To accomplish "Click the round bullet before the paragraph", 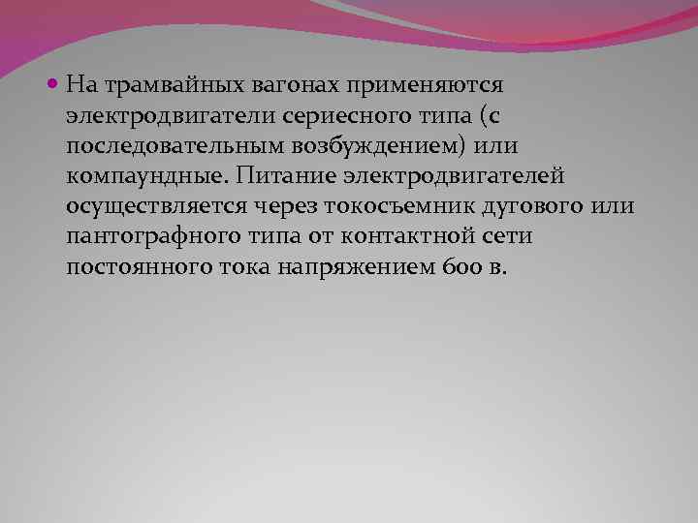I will pyautogui.click(x=55, y=84).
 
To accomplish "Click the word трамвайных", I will pyautogui.click(x=157, y=85).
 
